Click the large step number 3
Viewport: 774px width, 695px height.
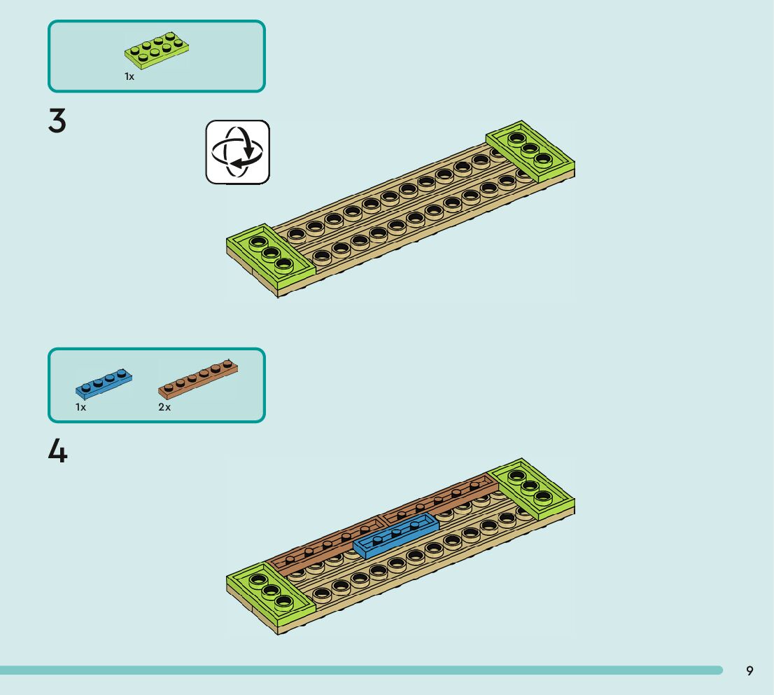57,121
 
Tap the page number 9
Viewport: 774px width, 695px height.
750,671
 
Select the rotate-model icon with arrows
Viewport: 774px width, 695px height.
237,152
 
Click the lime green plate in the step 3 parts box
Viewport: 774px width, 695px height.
159,50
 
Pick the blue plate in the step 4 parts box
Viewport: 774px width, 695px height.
104,382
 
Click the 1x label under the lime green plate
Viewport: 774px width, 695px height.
129,76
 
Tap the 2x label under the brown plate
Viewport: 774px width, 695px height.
164,407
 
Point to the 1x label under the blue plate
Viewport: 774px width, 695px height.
81,407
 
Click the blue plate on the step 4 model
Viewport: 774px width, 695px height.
395,535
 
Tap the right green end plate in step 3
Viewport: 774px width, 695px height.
530,148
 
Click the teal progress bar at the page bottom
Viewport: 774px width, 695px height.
360,670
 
